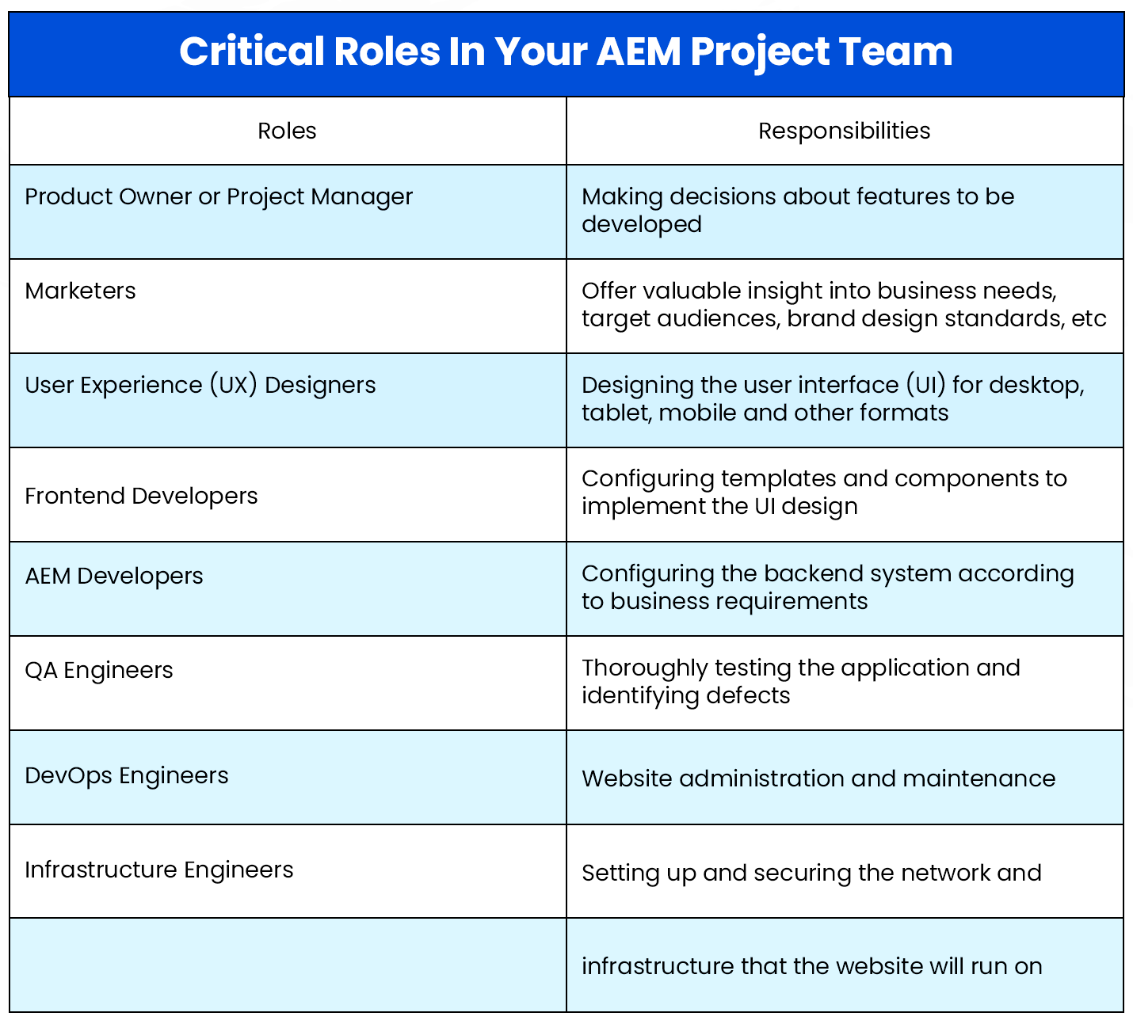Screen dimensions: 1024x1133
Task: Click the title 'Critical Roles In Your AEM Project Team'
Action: coord(566,52)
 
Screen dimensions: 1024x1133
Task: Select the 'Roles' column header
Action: coord(287,131)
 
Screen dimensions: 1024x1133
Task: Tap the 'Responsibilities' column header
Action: coord(844,131)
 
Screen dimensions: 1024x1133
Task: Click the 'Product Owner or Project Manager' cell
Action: coord(219,196)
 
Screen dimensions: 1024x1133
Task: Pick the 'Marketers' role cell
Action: coord(80,291)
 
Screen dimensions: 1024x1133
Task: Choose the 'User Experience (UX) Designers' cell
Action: coord(200,385)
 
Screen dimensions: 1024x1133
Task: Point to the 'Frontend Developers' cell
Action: coord(141,496)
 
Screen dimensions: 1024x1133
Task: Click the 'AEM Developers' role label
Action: coord(114,576)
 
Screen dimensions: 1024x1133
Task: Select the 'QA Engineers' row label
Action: coord(99,670)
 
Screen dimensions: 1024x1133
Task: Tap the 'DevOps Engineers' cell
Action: coord(127,775)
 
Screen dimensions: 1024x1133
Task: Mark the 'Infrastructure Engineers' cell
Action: coord(159,870)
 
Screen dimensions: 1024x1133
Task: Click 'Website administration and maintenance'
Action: coord(818,778)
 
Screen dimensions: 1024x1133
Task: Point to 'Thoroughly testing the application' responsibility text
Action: coord(800,668)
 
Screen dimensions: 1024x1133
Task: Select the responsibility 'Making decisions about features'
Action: coord(797,196)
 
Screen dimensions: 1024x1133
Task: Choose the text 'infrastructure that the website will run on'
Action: coord(811,966)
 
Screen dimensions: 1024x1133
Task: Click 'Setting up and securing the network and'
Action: coord(811,873)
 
